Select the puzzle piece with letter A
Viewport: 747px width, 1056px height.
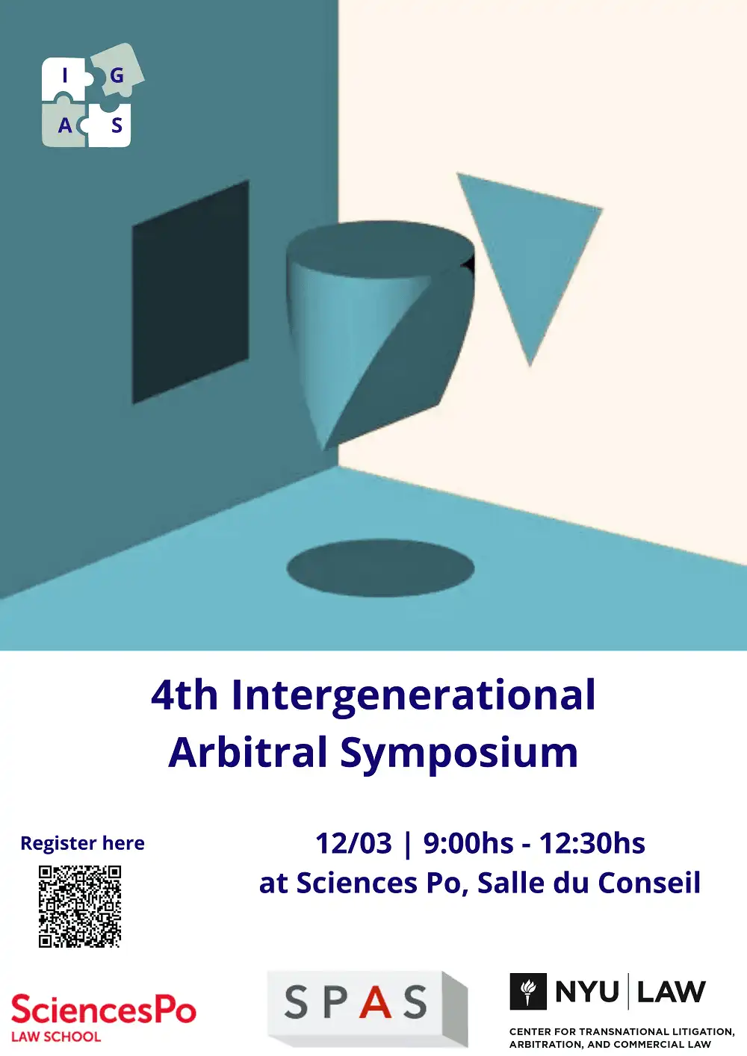[64, 125]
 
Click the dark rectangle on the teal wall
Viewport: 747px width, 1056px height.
[190, 292]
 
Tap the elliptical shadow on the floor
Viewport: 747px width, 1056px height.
[380, 568]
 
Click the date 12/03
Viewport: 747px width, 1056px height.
[353, 843]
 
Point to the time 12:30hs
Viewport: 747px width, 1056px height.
[592, 843]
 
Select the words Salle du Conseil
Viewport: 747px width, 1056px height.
[589, 883]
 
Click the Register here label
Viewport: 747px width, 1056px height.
[82, 843]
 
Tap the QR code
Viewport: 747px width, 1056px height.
[80, 907]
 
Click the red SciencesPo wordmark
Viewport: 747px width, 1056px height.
[103, 1010]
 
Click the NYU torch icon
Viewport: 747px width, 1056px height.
[528, 992]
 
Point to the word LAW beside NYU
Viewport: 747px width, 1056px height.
[671, 992]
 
